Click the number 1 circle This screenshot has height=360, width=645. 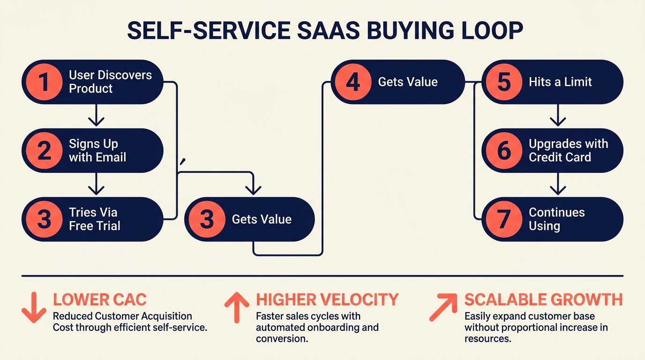[44, 82]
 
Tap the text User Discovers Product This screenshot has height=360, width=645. [110, 82]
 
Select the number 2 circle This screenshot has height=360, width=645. [44, 151]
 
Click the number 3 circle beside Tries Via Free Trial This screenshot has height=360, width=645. [44, 219]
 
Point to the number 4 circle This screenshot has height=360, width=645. [353, 82]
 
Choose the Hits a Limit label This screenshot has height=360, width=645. [560, 82]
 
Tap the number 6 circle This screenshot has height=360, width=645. [504, 151]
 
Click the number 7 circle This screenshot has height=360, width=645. [504, 219]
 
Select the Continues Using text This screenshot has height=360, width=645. [556, 219]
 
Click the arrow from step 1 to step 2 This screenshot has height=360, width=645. [96, 115]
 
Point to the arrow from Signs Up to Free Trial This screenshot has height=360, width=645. [96, 184]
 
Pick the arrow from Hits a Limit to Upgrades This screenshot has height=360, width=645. [557, 115]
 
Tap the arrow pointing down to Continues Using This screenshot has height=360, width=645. [557, 184]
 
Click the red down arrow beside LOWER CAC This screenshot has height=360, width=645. [34, 307]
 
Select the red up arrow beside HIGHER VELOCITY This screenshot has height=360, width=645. [237, 307]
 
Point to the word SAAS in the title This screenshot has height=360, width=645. [324, 31]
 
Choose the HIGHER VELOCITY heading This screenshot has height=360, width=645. [327, 300]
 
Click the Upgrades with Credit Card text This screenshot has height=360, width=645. [568, 151]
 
